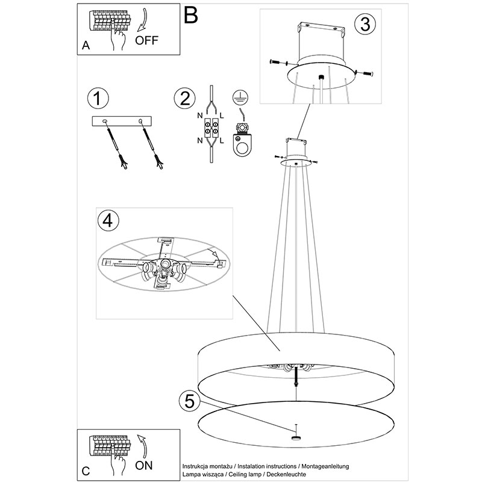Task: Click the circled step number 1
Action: tap(98, 98)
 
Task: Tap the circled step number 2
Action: tap(184, 98)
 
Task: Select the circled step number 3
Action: tap(364, 25)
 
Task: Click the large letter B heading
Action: tap(190, 15)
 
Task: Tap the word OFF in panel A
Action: tap(147, 40)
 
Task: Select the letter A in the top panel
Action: tap(86, 46)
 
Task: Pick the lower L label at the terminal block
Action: tap(222, 142)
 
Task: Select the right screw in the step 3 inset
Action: tap(366, 73)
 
